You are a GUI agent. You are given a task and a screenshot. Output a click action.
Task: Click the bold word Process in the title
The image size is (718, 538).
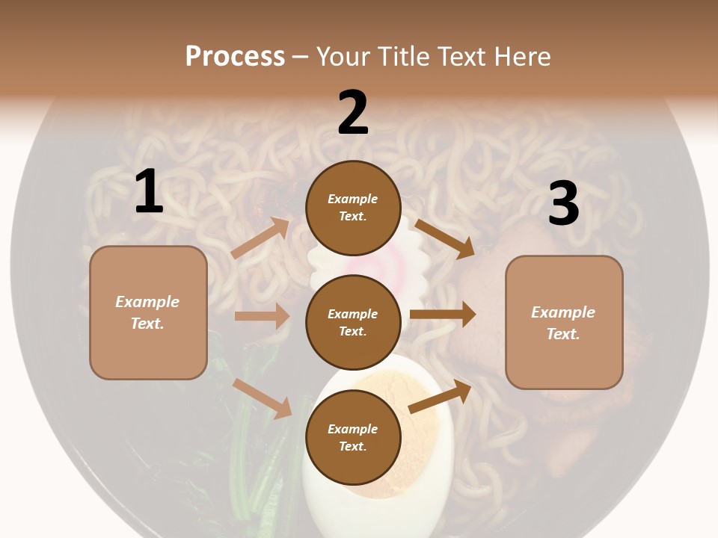tap(235, 56)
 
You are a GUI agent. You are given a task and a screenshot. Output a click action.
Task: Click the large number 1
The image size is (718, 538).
tap(149, 192)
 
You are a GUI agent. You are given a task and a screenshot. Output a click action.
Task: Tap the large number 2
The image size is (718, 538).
tap(353, 113)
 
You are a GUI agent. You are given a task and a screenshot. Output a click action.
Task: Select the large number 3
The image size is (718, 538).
tap(563, 203)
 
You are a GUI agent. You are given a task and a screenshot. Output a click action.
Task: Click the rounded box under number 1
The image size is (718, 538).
tap(148, 312)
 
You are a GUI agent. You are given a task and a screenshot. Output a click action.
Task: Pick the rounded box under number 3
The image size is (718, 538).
tap(564, 322)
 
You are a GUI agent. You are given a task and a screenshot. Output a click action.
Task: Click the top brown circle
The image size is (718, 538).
tap(353, 208)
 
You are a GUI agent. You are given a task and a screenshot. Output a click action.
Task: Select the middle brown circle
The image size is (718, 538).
tap(353, 322)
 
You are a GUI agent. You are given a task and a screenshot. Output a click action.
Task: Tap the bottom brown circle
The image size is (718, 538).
tap(353, 437)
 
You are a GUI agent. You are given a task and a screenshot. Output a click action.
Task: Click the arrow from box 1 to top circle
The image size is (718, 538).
tap(260, 238)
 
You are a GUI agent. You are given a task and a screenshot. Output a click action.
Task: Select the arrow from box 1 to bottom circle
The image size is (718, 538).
tap(262, 398)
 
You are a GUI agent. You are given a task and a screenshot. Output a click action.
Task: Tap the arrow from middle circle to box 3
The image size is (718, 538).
tap(443, 315)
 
